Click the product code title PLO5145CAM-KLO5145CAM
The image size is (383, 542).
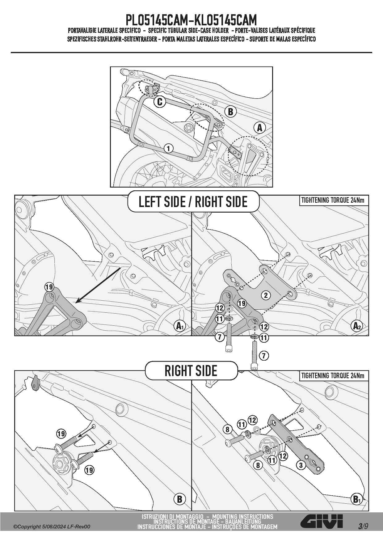point(191,20)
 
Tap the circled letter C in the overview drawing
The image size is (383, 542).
point(160,102)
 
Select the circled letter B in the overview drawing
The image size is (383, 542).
point(230,112)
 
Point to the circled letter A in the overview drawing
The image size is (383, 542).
point(259,127)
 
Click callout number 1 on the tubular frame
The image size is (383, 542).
point(168,148)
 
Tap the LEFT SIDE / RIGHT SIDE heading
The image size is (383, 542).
point(193,201)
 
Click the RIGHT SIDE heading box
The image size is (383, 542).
point(191,371)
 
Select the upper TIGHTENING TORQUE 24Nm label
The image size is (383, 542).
point(333,200)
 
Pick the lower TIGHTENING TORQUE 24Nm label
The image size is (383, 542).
point(333,375)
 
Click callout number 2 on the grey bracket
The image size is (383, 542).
point(266,295)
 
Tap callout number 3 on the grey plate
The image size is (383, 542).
point(301,465)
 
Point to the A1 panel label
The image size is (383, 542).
point(179,326)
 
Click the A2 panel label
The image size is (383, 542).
point(357,326)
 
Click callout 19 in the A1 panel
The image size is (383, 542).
point(49,287)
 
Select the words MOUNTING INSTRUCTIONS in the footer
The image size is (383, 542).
point(242,516)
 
